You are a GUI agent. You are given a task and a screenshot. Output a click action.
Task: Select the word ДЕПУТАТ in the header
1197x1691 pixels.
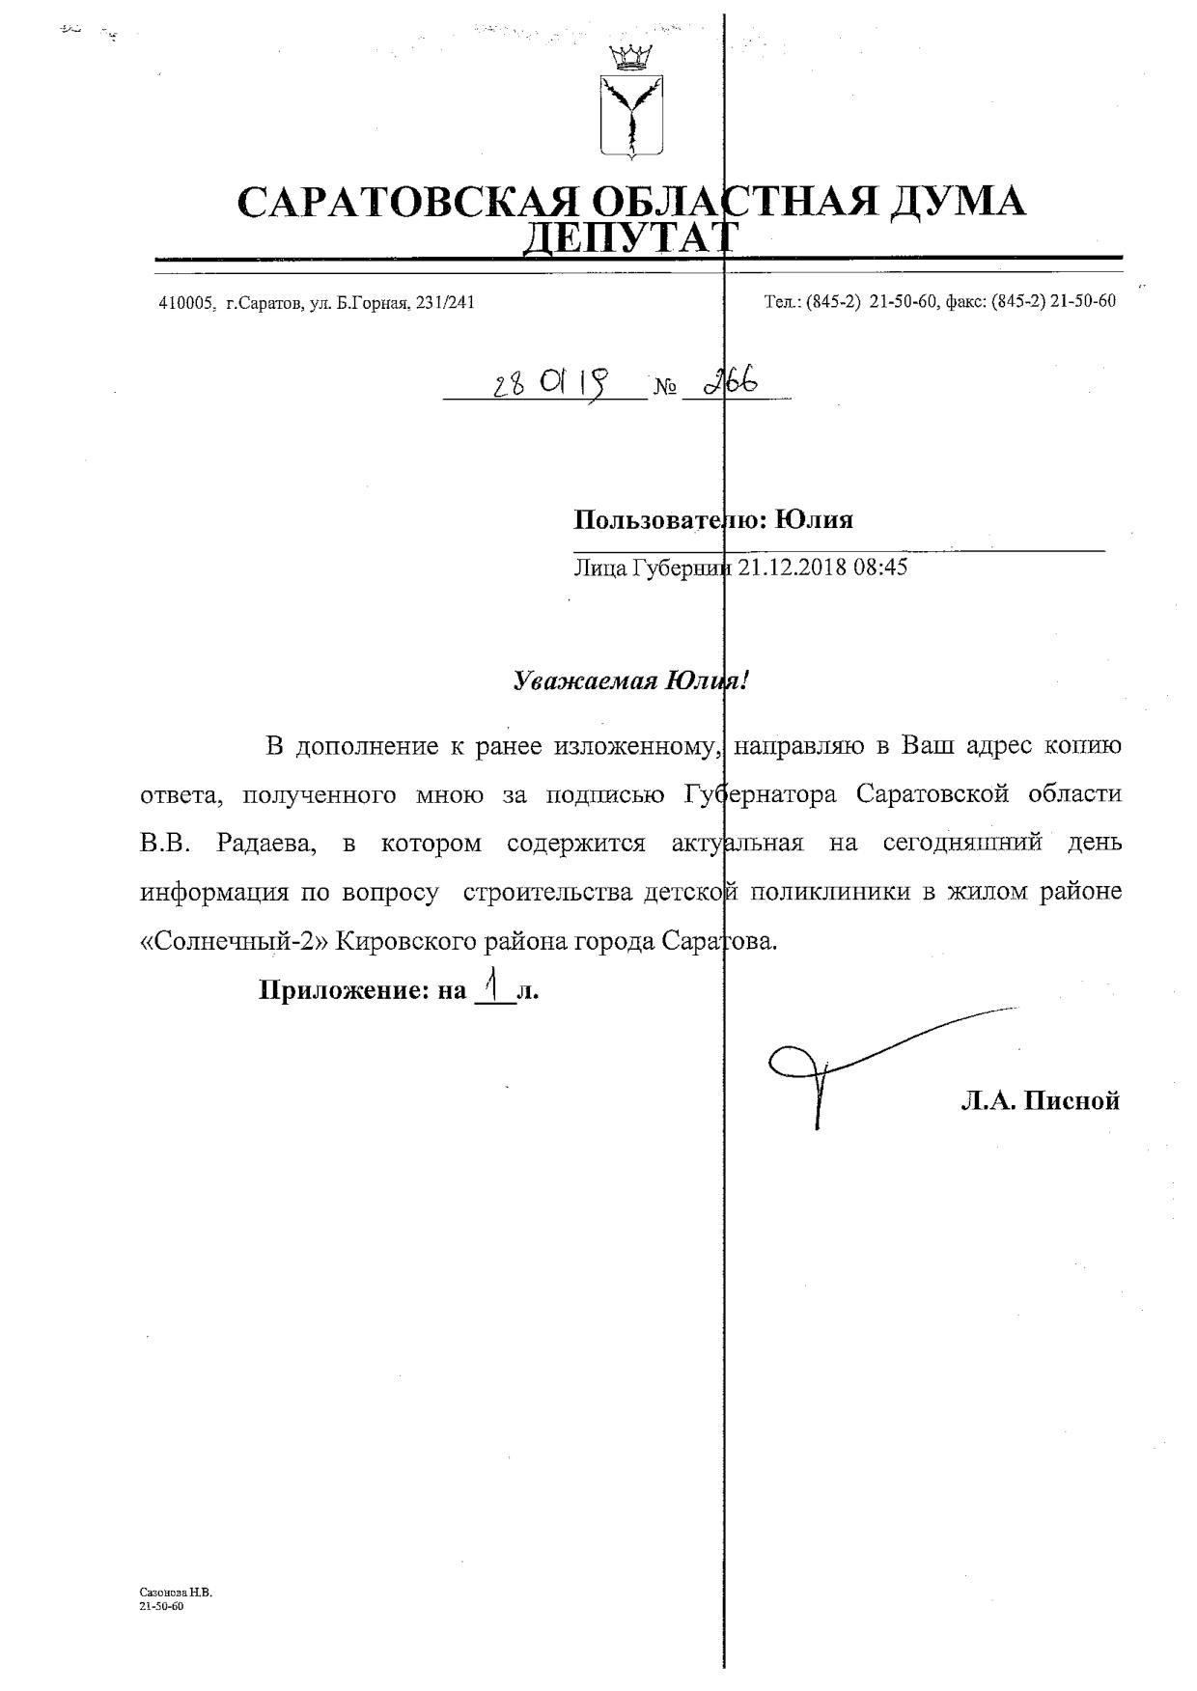coord(630,236)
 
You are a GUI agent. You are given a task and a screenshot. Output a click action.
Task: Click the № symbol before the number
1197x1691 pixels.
coord(665,389)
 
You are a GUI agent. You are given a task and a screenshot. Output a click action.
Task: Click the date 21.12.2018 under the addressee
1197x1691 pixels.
coord(792,567)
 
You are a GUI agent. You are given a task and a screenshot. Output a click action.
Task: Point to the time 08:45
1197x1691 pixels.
coord(880,567)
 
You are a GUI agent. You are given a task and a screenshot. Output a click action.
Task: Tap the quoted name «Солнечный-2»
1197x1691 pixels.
coord(236,941)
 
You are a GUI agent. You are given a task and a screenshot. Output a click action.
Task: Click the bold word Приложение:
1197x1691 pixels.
coord(341,990)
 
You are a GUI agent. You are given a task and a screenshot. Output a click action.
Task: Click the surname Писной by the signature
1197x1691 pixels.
coord(1072,1100)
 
